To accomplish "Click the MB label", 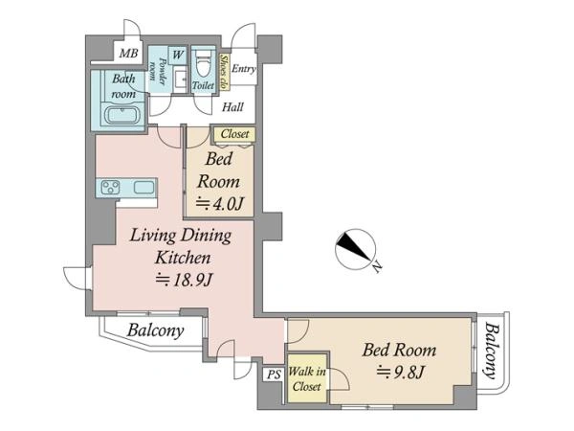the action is pyautogui.click(x=129, y=54).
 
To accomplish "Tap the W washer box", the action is pyautogui.click(x=178, y=55).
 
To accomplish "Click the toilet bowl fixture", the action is pyautogui.click(x=203, y=63).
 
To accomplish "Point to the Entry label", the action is pyautogui.click(x=243, y=69).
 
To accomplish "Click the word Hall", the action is pyautogui.click(x=232, y=107).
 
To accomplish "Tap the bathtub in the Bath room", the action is pyautogui.click(x=122, y=114).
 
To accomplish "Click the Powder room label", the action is pyautogui.click(x=157, y=70).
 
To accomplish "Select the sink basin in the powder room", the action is pyautogui.click(x=180, y=79).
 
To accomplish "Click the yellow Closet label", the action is pyautogui.click(x=234, y=134).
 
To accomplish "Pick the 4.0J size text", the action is pyautogui.click(x=220, y=204).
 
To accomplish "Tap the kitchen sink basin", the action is pyautogui.click(x=143, y=188).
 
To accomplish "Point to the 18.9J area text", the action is pyautogui.click(x=184, y=281).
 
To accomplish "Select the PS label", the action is pyautogui.click(x=274, y=374).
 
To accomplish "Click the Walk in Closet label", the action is pyautogui.click(x=307, y=379).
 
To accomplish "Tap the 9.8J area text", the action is pyautogui.click(x=401, y=374).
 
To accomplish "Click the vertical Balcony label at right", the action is pyautogui.click(x=492, y=350).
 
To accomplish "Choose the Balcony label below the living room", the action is pyautogui.click(x=155, y=331).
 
